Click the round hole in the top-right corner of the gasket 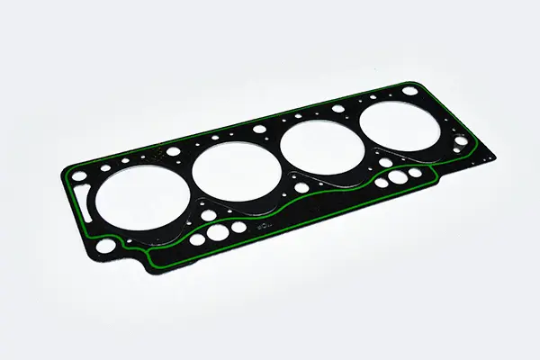tap(410, 91)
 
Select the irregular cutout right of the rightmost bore tap(463, 142)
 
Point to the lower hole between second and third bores tap(301, 188)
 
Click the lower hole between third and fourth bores tap(385, 163)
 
